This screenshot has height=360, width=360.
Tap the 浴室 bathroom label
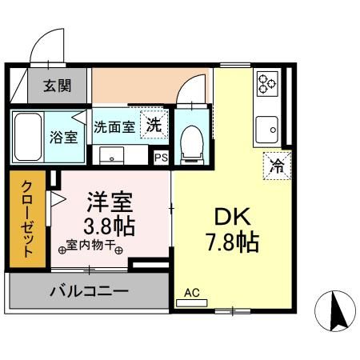coord(65,137)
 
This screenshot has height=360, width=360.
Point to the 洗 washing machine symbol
coord(154,125)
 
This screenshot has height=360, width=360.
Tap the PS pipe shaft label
coord(162,158)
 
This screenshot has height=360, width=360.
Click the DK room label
coord(232,216)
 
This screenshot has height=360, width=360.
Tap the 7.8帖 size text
coord(232,242)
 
